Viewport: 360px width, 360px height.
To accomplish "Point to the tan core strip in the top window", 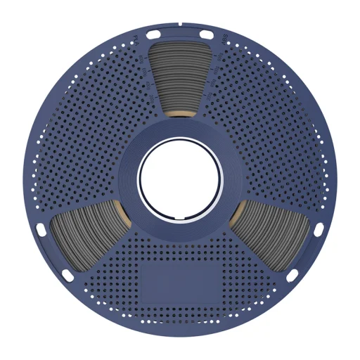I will pyautogui.click(x=181, y=114).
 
